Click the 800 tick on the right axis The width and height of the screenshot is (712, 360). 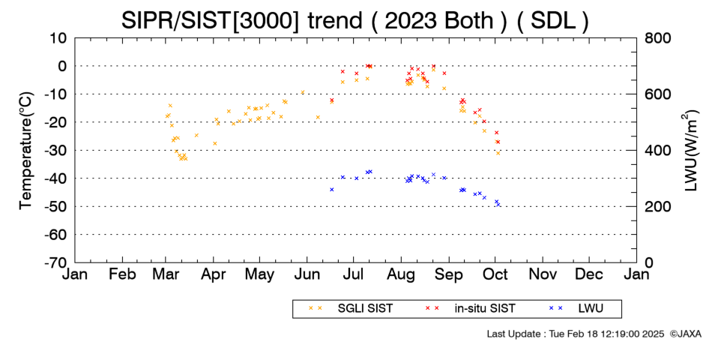pyautogui.click(x=658, y=38)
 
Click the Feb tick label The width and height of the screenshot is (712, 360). pyautogui.click(x=123, y=274)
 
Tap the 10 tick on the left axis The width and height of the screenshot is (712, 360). pyautogui.click(x=58, y=38)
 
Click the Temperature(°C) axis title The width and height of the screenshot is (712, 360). pyautogui.click(x=26, y=151)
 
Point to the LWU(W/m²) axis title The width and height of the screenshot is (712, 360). pyautogui.click(x=690, y=151)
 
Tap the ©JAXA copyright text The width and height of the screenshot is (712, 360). pyautogui.click(x=685, y=334)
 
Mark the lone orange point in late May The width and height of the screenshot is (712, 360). pyautogui.click(x=303, y=92)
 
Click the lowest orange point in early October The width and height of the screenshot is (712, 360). pyautogui.click(x=498, y=153)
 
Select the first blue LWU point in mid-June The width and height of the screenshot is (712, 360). pyautogui.click(x=331, y=190)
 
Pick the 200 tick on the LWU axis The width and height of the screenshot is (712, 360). pyautogui.click(x=658, y=206)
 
